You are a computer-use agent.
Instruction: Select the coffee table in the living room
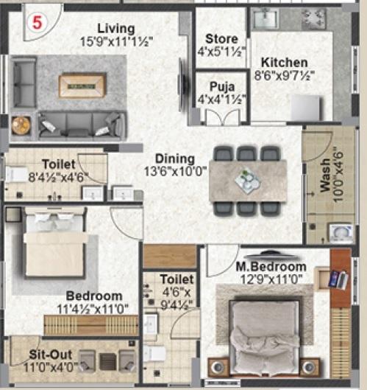pyautogui.click(x=82, y=85)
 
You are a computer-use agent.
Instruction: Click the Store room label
pyautogui.click(x=221, y=38)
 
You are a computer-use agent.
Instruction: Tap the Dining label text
pyautogui.click(x=174, y=159)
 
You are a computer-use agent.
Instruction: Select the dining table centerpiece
pyautogui.click(x=248, y=179)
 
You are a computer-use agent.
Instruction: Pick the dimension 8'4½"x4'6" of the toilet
pyautogui.click(x=55, y=178)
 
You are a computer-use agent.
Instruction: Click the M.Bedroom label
pyautogui.click(x=271, y=266)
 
